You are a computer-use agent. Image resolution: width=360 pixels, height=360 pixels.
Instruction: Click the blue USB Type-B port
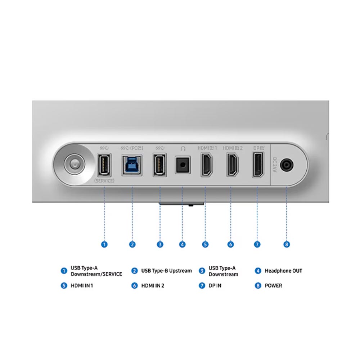[132, 165]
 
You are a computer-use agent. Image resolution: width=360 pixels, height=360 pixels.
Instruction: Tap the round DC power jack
[286, 166]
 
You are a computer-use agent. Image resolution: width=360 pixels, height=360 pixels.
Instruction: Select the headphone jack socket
[183, 165]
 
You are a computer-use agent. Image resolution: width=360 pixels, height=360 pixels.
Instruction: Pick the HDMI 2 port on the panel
[231, 165]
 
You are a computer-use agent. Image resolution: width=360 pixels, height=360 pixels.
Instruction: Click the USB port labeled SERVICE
[104, 165]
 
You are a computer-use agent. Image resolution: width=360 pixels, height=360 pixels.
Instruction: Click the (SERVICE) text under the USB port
[104, 181]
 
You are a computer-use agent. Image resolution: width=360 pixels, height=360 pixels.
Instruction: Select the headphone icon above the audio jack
[183, 148]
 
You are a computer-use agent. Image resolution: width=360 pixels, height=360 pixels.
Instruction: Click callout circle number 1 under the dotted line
[104, 244]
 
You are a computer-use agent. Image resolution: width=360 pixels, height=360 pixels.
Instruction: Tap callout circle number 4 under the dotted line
[183, 244]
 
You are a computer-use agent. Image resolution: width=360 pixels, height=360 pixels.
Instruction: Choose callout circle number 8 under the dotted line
[287, 244]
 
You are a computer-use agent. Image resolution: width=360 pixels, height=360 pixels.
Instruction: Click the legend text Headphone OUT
[283, 271]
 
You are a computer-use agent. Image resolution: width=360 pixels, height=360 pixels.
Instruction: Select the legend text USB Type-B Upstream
[166, 271]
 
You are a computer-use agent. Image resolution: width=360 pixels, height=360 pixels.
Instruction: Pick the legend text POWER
[273, 285]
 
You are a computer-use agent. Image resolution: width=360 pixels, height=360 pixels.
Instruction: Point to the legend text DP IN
[215, 285]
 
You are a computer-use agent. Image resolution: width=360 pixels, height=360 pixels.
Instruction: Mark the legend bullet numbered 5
[64, 285]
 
